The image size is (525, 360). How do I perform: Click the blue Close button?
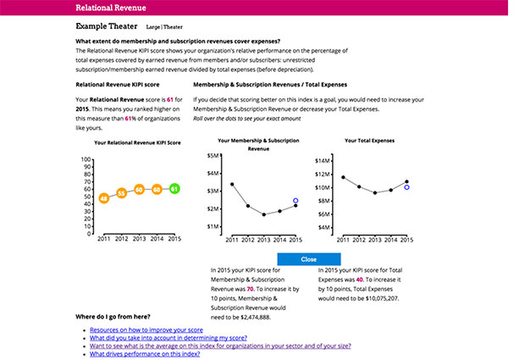pos(308,258)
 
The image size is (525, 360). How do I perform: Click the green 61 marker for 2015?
pos(174,189)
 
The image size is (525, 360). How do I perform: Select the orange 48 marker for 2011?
pos(103,198)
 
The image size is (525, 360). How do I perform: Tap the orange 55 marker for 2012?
pos(121,193)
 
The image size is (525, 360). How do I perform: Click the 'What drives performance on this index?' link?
pos(145,354)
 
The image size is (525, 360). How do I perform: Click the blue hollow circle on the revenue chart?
pos(296,201)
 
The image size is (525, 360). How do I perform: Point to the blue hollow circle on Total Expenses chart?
pos(406,187)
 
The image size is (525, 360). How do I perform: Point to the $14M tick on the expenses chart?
pos(321,159)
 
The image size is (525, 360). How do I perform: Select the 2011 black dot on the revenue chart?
pos(232,184)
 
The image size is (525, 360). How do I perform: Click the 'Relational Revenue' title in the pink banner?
pos(110,7)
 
